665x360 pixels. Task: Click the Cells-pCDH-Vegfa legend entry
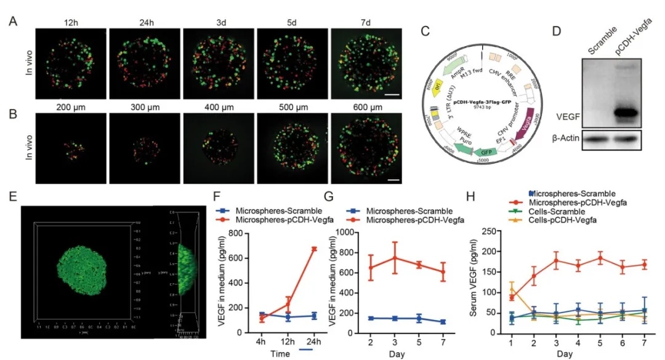554,219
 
